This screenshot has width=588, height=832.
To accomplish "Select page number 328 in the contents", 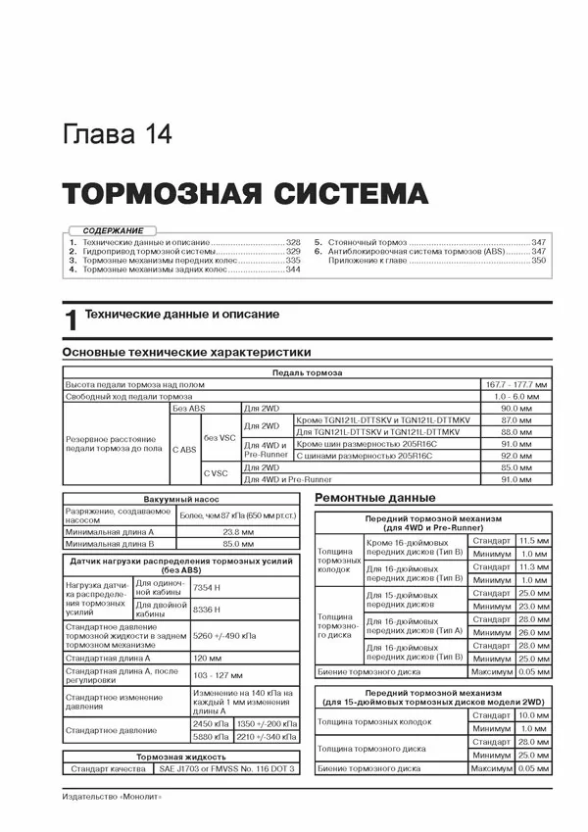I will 293,241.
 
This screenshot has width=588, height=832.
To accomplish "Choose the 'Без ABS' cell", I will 188,408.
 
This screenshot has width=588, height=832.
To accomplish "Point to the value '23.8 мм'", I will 223,531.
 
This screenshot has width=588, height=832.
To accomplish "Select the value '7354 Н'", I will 208,587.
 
